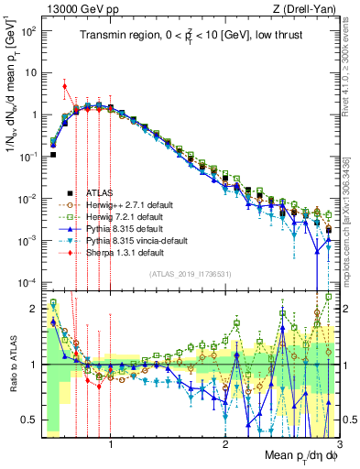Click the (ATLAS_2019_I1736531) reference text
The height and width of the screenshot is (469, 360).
[190, 274]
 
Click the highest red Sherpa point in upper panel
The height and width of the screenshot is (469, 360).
[64, 86]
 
